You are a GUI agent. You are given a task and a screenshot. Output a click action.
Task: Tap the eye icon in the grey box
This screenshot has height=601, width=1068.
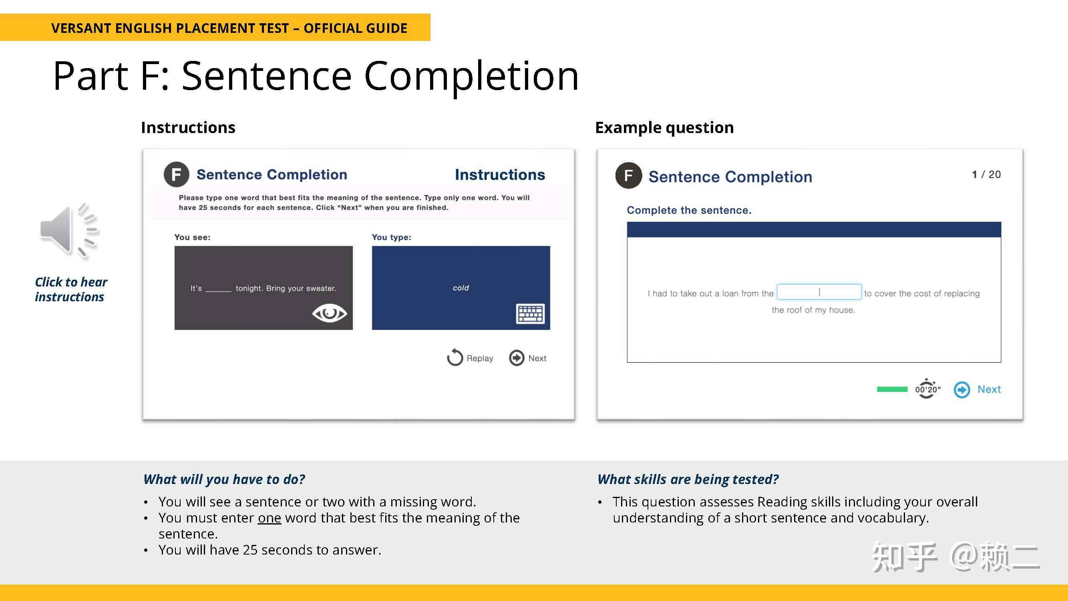pyautogui.click(x=329, y=313)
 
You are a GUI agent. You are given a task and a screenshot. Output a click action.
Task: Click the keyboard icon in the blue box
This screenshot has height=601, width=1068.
pyautogui.click(x=530, y=314)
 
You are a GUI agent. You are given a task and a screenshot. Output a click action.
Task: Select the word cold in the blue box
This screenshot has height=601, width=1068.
pyautogui.click(x=461, y=288)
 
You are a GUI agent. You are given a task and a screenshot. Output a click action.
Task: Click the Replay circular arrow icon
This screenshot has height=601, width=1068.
pyautogui.click(x=455, y=357)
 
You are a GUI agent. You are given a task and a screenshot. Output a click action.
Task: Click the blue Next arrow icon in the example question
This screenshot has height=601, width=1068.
pyautogui.click(x=962, y=389)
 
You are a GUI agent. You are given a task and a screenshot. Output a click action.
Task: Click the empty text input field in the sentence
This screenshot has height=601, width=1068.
pyautogui.click(x=819, y=292)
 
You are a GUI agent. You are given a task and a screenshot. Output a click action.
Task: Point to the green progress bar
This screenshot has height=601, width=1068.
pyautogui.click(x=892, y=389)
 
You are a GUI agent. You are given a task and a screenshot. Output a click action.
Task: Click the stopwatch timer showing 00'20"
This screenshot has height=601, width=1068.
pyautogui.click(x=927, y=389)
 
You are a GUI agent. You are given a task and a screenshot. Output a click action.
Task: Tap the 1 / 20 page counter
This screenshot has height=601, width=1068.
pyautogui.click(x=986, y=175)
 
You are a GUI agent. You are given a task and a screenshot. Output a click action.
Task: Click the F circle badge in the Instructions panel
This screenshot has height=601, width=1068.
pyautogui.click(x=176, y=175)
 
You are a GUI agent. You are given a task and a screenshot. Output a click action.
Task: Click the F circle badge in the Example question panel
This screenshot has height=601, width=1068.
pyautogui.click(x=628, y=176)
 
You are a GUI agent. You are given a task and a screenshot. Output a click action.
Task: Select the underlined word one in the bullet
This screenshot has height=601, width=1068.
pyautogui.click(x=269, y=518)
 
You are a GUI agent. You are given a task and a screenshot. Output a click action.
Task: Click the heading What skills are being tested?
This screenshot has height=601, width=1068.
pyautogui.click(x=688, y=480)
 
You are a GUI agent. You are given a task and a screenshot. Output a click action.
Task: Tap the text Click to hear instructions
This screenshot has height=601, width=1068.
pyautogui.click(x=71, y=290)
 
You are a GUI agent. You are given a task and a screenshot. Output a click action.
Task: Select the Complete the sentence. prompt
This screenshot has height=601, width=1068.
pyautogui.click(x=689, y=210)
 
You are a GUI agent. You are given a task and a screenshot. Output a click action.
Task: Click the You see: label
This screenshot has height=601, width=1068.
pyautogui.click(x=192, y=237)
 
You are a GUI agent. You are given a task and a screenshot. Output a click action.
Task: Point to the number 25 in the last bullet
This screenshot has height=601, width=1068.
pyautogui.click(x=250, y=550)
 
